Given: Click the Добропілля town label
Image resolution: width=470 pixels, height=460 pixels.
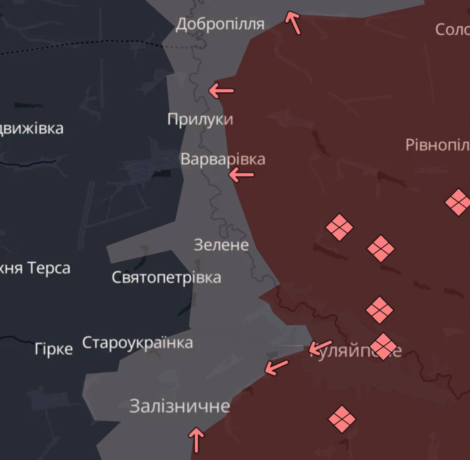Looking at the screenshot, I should (220, 24).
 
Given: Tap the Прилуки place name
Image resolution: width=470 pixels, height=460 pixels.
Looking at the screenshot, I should (200, 119).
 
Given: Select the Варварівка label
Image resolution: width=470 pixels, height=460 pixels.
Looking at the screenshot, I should (222, 159).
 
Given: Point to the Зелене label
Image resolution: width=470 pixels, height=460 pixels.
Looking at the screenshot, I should (221, 245).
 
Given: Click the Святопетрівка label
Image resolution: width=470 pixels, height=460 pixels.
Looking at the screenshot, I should (166, 277).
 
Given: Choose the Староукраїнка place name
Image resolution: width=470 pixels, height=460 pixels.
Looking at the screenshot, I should (138, 343).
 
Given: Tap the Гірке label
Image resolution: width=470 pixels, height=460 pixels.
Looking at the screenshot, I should (54, 349).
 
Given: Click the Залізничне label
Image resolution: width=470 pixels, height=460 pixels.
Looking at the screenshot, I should (179, 406).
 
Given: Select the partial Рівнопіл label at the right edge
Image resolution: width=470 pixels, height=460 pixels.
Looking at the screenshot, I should (437, 145).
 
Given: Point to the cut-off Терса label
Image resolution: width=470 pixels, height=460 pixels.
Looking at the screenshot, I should (35, 268).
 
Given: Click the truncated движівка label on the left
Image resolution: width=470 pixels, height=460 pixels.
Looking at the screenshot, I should (32, 128).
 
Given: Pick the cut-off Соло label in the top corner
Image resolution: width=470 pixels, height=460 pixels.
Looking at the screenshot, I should (452, 29).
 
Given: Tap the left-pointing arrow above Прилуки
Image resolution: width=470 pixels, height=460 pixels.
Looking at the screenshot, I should (221, 90).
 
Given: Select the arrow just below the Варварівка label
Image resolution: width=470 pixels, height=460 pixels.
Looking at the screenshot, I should (241, 175).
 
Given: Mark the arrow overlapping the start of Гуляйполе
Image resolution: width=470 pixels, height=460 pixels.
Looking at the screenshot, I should (320, 347).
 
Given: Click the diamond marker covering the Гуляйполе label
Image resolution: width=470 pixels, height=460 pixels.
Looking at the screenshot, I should (383, 346).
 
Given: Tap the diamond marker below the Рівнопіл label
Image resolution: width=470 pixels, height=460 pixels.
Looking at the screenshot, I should (458, 202).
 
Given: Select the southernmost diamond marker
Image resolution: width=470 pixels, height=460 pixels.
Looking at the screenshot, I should (342, 419).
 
